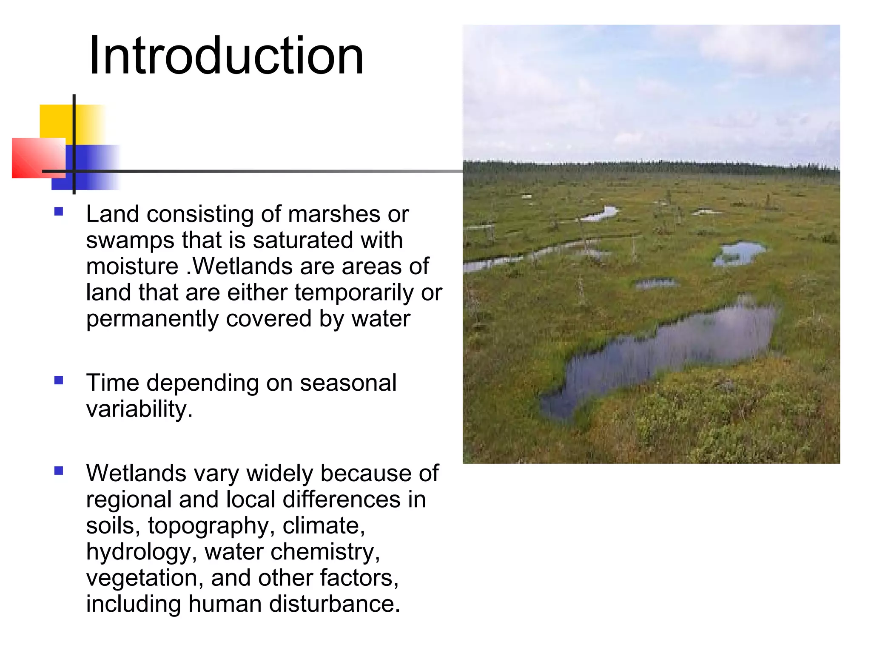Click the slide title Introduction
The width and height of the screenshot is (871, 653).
tap(226, 56)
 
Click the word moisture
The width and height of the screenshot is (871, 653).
tap(132, 267)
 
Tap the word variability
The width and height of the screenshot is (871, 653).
tap(139, 409)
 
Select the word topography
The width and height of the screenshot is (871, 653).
tap(208, 526)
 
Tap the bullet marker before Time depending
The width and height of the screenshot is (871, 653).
tap(59, 380)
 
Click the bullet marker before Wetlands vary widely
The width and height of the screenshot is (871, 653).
tap(59, 471)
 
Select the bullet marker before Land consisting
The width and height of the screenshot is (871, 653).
tap(59, 211)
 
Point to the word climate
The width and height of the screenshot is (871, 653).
tap(324, 526)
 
